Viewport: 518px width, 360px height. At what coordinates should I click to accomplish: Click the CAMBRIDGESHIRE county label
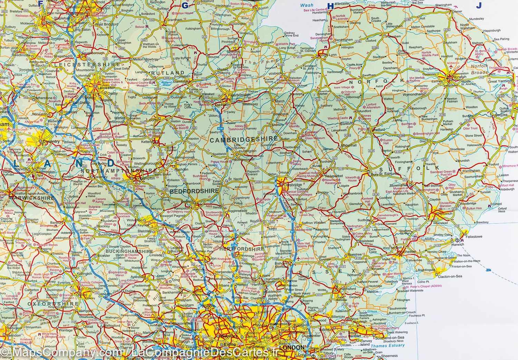point(243,139)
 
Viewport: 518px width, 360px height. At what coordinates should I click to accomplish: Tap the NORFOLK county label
point(378,81)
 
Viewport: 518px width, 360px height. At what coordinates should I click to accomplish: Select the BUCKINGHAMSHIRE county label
point(128,252)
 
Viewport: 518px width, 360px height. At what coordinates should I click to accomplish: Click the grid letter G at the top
point(185,5)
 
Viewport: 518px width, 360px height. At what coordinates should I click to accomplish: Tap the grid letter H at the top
point(330,5)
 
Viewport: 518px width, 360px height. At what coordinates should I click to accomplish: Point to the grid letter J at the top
point(479,5)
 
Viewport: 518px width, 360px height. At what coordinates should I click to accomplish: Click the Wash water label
point(307,5)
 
